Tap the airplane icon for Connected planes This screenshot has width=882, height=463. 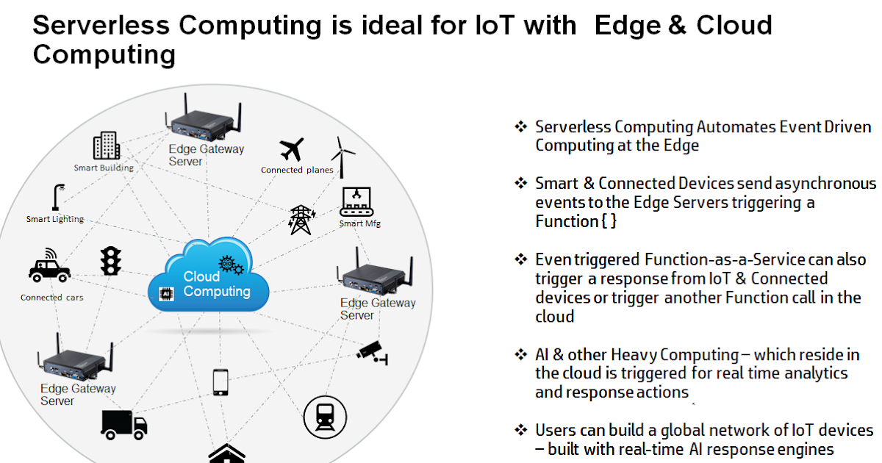tap(292, 150)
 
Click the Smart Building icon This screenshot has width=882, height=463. tap(107, 146)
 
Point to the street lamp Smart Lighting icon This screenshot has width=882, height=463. tap(56, 198)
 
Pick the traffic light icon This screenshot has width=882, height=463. tap(111, 261)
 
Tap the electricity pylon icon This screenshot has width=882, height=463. tap(300, 219)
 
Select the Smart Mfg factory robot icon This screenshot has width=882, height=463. tap(358, 201)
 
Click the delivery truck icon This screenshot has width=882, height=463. tap(123, 424)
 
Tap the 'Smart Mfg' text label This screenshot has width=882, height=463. tap(359, 223)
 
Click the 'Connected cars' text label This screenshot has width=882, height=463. tap(51, 298)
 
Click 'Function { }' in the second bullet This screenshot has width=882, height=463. tap(576, 221)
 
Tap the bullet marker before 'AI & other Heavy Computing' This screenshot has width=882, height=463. tap(521, 354)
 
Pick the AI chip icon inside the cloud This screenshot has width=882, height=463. tap(165, 292)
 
